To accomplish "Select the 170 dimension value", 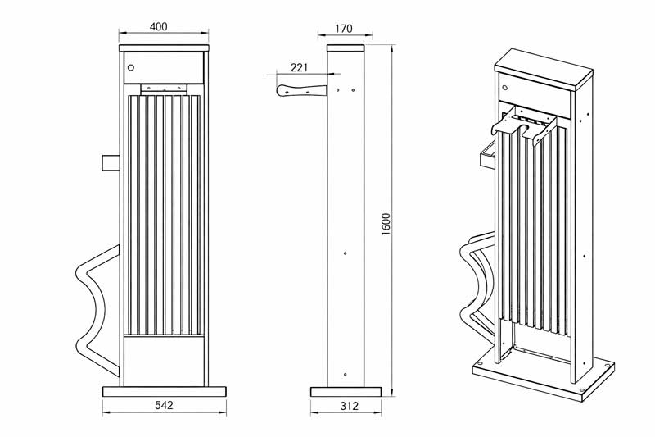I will click(344, 29).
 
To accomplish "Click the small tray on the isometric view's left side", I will click(486, 154).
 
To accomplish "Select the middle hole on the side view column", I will click(346, 254).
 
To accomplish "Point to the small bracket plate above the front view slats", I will click(164, 87).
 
